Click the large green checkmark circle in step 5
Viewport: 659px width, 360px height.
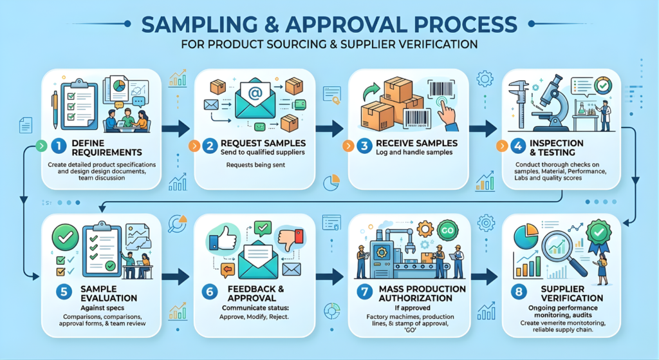pos(67,236)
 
